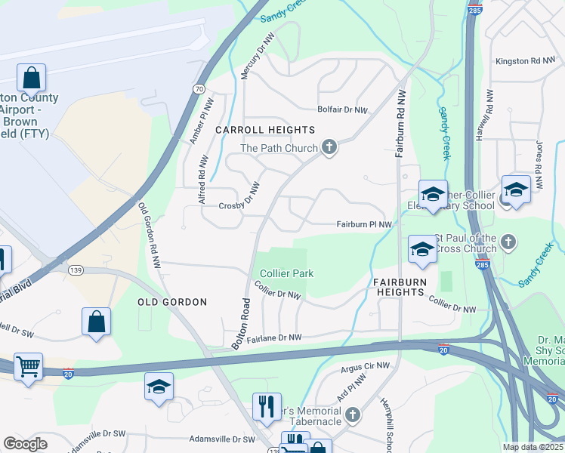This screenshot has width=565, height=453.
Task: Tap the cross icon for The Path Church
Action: pyautogui.click(x=329, y=147)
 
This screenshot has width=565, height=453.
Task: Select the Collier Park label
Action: pyautogui.click(x=286, y=273)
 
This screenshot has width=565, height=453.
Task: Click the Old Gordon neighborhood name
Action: pyautogui.click(x=172, y=302)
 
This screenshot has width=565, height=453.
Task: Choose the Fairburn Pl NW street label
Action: pyautogui.click(x=364, y=224)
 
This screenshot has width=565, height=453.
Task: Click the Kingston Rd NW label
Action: pyautogui.click(x=525, y=61)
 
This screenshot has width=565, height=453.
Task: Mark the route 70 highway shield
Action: pyautogui.click(x=199, y=88)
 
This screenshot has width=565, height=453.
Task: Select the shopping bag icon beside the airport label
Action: pyautogui.click(x=31, y=77)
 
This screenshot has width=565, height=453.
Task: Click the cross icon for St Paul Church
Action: pyautogui.click(x=508, y=242)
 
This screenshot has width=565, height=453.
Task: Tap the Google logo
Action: pyautogui.click(x=26, y=444)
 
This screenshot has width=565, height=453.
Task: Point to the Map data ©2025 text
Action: pyautogui.click(x=533, y=447)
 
